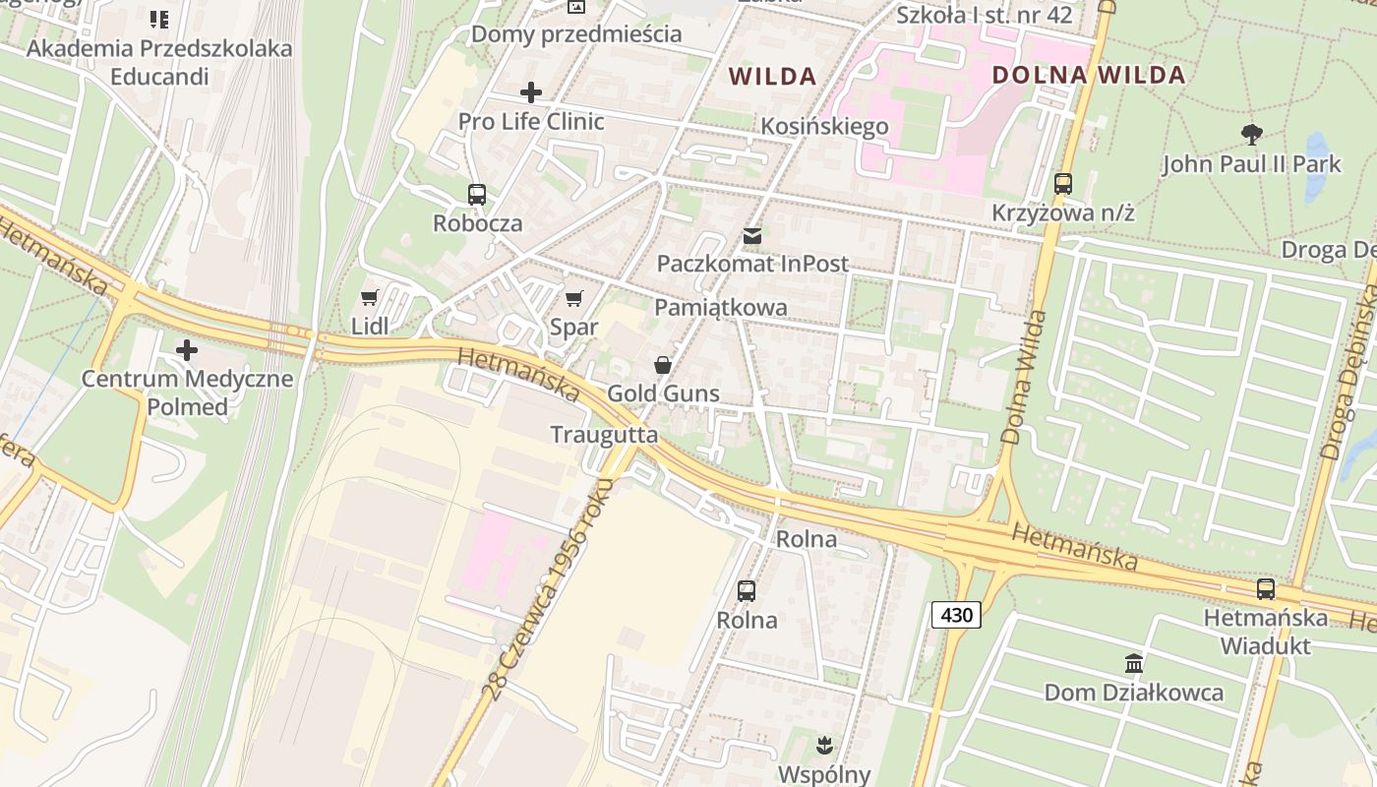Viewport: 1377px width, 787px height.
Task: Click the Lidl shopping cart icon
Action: click(x=370, y=297)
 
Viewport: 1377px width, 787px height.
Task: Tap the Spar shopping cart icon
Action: click(x=574, y=298)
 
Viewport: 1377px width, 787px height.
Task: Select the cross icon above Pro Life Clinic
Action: click(x=531, y=92)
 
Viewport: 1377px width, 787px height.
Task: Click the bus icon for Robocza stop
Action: click(x=477, y=194)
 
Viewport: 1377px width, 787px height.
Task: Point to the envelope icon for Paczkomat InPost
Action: click(x=752, y=235)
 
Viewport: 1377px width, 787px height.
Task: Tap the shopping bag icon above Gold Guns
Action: click(x=663, y=365)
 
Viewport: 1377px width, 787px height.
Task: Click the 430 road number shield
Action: click(x=956, y=616)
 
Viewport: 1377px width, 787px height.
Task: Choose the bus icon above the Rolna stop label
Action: click(x=747, y=591)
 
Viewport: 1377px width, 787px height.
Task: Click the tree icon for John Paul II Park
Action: click(x=1251, y=134)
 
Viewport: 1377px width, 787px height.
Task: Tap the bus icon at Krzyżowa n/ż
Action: click(x=1062, y=183)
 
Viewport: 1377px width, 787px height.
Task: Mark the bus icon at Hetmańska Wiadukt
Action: click(x=1265, y=589)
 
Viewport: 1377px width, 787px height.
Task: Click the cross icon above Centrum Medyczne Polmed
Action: click(x=186, y=349)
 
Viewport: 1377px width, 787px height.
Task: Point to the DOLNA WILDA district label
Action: click(x=1088, y=75)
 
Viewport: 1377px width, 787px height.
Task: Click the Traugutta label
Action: click(x=604, y=434)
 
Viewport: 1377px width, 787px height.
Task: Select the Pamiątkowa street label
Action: click(x=721, y=307)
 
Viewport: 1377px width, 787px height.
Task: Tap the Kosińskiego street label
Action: click(x=825, y=126)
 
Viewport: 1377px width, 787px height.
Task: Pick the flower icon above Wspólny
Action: click(x=824, y=745)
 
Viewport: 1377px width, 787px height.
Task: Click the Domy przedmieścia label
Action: click(x=576, y=33)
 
